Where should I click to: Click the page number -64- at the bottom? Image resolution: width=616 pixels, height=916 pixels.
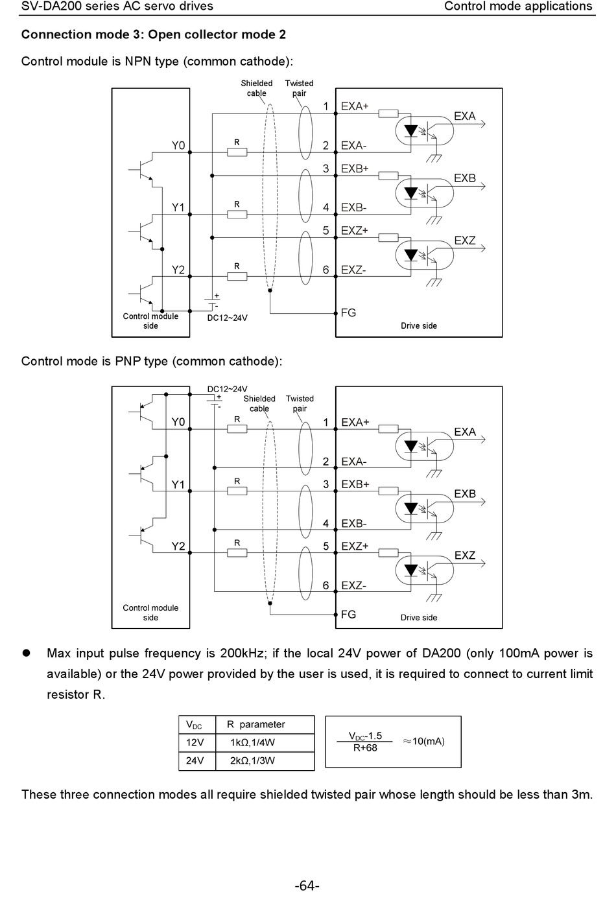coord(307,886)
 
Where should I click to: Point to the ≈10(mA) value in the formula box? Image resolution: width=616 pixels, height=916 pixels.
coord(424,742)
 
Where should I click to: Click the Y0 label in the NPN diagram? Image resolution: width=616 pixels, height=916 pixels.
coord(178,146)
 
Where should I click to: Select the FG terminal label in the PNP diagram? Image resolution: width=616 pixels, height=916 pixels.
coord(348,614)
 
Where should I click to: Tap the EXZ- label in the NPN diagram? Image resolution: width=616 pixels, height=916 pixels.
coord(353,270)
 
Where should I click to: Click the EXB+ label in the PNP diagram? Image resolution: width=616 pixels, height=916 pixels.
coord(355,484)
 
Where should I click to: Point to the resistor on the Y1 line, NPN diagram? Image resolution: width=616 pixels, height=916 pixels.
coord(237,215)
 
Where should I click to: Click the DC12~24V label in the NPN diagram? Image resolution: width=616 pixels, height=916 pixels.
coord(228,318)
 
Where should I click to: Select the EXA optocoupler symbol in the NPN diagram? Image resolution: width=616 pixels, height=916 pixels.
coord(425,131)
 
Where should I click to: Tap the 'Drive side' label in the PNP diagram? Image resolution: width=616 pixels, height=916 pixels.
coord(419,618)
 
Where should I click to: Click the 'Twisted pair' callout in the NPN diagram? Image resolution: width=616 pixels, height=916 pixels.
coord(300,88)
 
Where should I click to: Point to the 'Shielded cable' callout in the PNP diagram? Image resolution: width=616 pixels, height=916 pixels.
coord(259,403)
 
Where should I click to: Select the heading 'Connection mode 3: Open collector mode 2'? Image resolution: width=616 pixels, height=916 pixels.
coord(154,35)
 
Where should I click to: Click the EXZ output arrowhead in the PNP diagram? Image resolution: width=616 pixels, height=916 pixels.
coord(482,563)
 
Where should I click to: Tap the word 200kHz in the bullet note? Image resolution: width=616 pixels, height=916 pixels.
coord(241,653)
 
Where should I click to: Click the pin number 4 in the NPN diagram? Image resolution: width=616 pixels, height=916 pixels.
coord(326,207)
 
